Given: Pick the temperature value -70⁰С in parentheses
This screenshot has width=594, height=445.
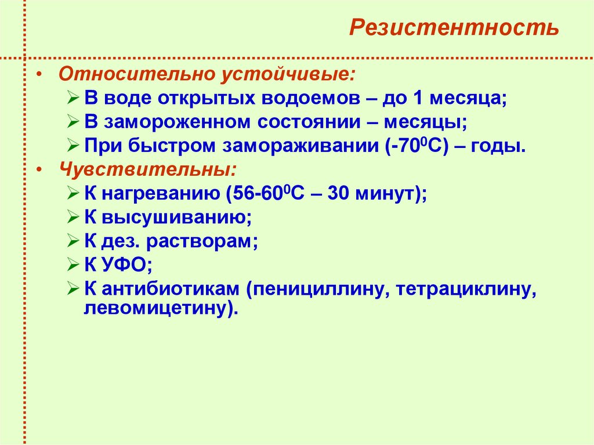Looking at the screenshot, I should pos(416,146).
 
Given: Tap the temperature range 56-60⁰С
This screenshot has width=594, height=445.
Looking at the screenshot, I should pos(268,194).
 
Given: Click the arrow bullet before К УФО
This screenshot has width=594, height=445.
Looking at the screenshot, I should pos(73,265).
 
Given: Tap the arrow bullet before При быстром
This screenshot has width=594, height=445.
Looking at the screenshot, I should pos(73,146).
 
